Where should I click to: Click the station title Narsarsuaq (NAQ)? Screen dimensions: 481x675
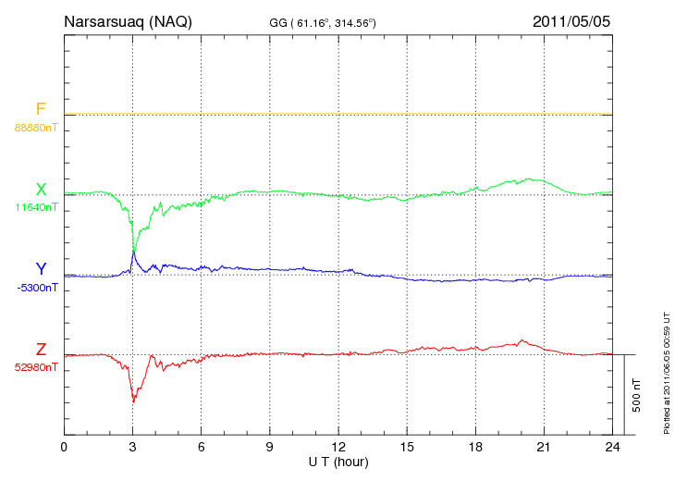point(128,21)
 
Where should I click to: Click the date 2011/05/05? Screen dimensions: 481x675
point(571,21)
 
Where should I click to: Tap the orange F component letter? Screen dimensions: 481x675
point(41,110)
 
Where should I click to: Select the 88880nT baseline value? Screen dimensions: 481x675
point(36,127)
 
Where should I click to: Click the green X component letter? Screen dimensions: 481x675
point(41,190)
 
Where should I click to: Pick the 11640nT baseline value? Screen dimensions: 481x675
point(36,207)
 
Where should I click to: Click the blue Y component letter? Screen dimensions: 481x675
point(41,269)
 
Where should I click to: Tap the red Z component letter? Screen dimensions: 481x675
point(41,350)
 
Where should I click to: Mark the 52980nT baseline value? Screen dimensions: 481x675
point(36,367)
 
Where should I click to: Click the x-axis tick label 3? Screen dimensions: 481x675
point(132,448)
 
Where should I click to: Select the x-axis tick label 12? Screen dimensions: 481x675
point(338,448)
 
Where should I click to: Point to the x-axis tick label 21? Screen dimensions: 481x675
point(544,448)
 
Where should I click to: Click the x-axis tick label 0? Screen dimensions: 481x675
point(64,448)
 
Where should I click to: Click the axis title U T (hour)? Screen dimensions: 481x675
point(338,462)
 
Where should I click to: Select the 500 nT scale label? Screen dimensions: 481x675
point(637,395)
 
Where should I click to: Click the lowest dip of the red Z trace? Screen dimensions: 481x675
point(134,401)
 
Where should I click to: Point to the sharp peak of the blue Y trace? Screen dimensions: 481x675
point(134,251)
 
